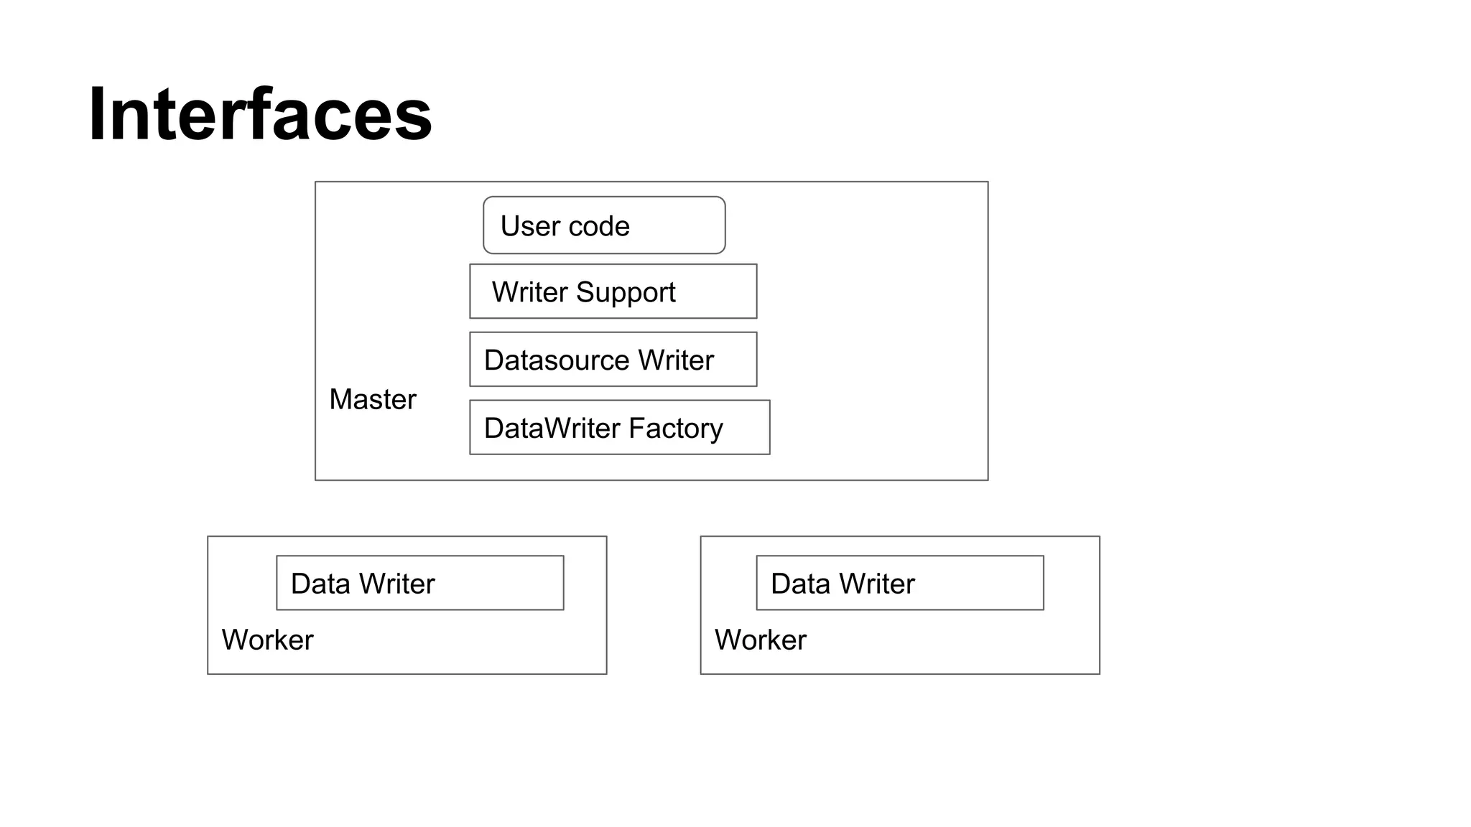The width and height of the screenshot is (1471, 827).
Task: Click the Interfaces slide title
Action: (x=260, y=115)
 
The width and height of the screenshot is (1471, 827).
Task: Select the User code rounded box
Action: (x=604, y=225)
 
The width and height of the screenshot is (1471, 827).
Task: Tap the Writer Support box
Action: (x=613, y=291)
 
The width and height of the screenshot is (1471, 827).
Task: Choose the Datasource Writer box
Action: (x=613, y=359)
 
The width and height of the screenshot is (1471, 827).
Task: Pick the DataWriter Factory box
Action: (x=619, y=427)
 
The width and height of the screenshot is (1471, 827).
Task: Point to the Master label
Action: (x=372, y=399)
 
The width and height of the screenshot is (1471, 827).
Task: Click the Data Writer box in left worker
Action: (x=419, y=583)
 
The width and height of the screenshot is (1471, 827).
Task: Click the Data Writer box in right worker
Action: (x=899, y=583)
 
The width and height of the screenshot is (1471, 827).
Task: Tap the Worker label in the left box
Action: (x=267, y=640)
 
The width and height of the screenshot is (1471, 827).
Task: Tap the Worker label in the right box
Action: (x=760, y=640)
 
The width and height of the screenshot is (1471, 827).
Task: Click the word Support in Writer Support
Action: (x=626, y=293)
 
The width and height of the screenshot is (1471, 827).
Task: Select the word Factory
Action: (x=675, y=429)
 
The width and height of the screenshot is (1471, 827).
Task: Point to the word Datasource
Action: (x=557, y=360)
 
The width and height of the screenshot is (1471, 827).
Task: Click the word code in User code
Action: (x=599, y=226)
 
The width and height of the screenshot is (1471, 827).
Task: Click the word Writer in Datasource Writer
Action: (x=676, y=360)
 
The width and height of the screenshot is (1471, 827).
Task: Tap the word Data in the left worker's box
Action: (x=320, y=584)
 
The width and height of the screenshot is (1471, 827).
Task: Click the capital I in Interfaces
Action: (x=96, y=115)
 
